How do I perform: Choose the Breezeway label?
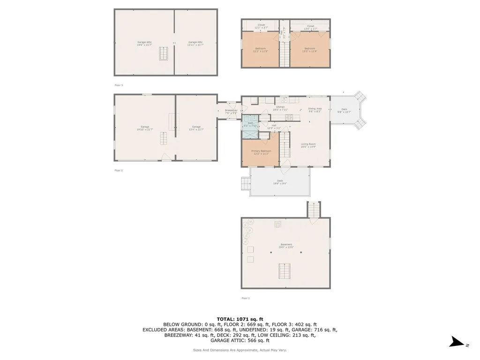pyautogui.click(x=231, y=112)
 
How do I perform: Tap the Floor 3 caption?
pyautogui.click(x=119, y=85)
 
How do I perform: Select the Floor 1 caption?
pyautogui.click(x=246, y=298)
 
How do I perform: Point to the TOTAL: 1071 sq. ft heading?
pyautogui.click(x=240, y=319)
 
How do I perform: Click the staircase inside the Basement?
pyautogui.click(x=284, y=271)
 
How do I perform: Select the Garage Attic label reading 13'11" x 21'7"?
pyautogui.click(x=195, y=43)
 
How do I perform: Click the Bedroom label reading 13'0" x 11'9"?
pyautogui.click(x=310, y=50)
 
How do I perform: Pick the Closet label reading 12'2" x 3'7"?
pyautogui.click(x=261, y=27)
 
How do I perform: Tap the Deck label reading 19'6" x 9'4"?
pyautogui.click(x=280, y=182)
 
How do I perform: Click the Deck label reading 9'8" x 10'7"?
pyautogui.click(x=344, y=111)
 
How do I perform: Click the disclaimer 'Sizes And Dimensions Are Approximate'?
pyautogui.click(x=240, y=350)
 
